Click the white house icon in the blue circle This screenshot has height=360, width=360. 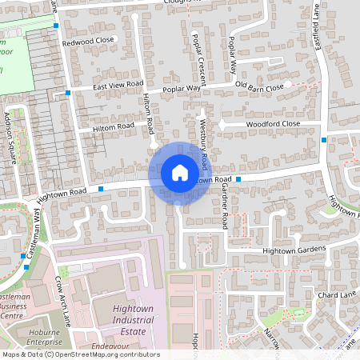click(x=179, y=172)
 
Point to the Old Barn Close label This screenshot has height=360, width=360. click(x=259, y=86)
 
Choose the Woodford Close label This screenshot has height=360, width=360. click(x=273, y=124)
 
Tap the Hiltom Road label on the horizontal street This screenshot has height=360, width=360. click(x=113, y=126)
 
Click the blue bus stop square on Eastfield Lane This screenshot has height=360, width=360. click(x=323, y=139)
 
